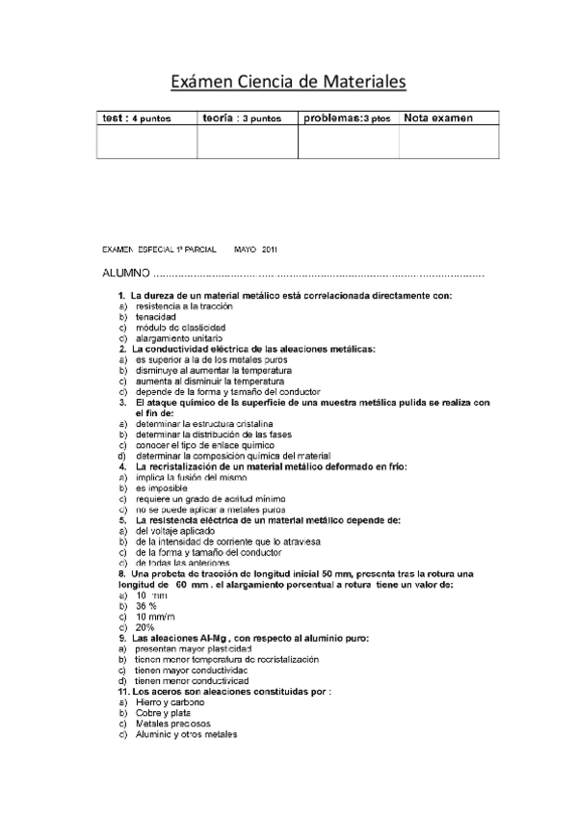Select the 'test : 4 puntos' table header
pyautogui.click(x=137, y=119)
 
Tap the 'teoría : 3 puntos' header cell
pyautogui.click(x=242, y=119)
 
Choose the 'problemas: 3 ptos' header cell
pyautogui.click(x=347, y=119)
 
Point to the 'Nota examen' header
pyautogui.click(x=438, y=119)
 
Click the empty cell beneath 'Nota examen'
pyautogui.click(x=449, y=142)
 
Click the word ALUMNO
pyautogui.click(x=126, y=275)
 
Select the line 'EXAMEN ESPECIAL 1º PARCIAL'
pyautogui.click(x=163, y=249)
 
